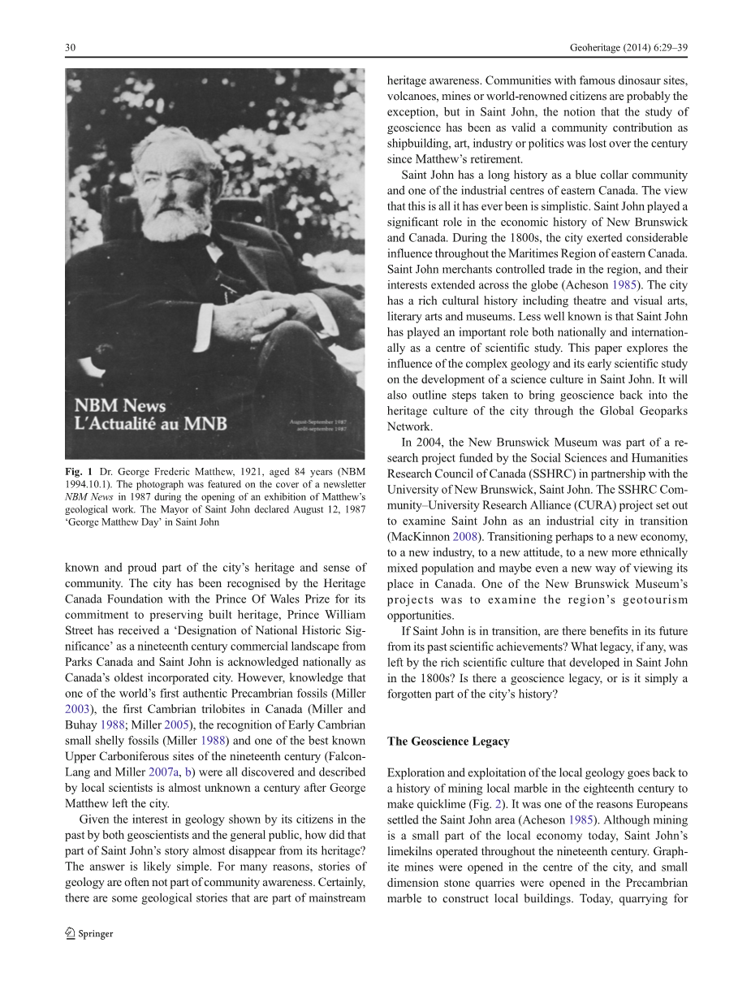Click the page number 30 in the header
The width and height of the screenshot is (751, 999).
(x=70, y=49)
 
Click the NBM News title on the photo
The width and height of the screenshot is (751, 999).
(x=120, y=405)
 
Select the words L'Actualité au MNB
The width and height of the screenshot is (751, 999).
(x=151, y=424)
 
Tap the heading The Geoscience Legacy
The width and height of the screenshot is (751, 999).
(x=448, y=741)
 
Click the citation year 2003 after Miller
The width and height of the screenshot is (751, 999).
(x=77, y=709)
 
